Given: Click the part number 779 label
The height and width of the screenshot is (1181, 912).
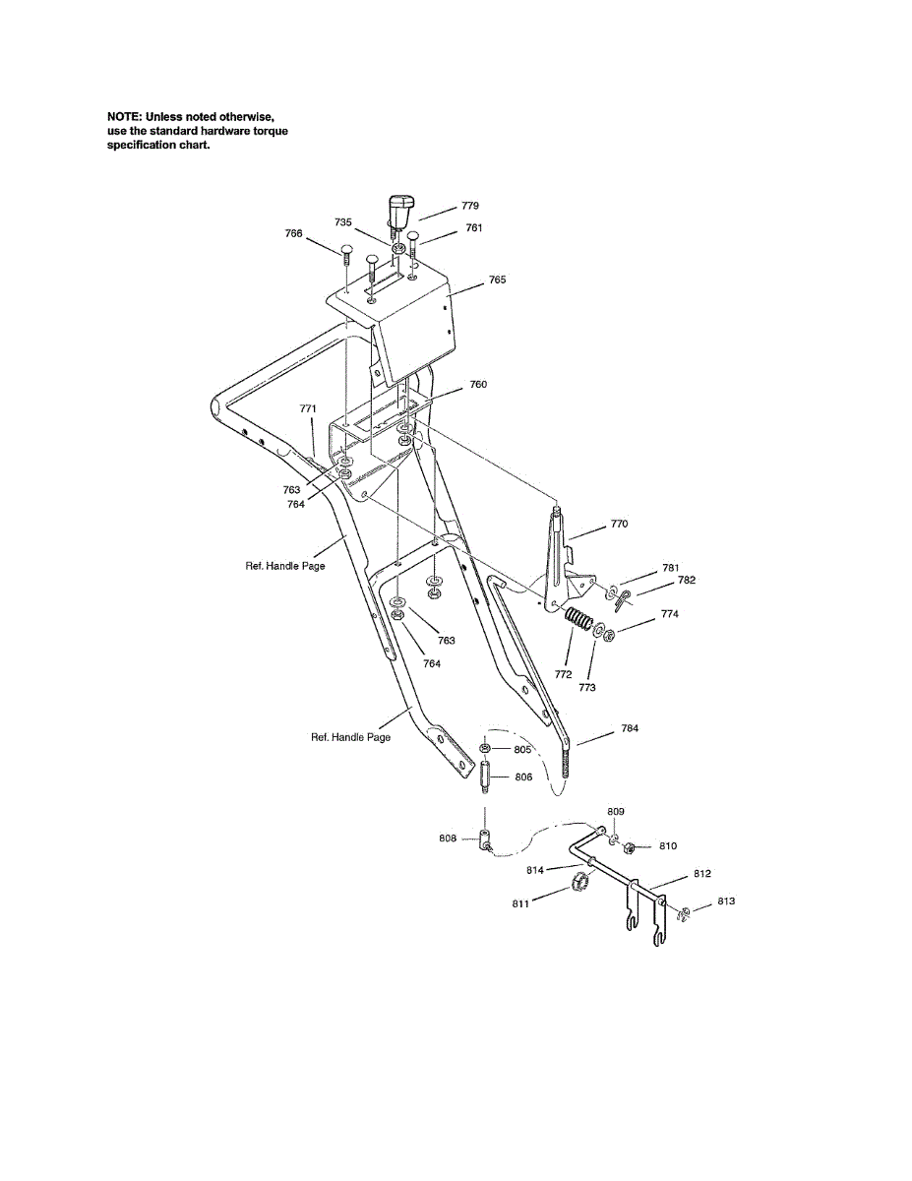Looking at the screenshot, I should pos(470,207).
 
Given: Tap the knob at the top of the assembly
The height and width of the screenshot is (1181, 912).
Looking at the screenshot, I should pos(399,210).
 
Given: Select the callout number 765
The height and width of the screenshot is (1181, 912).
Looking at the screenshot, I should pos(498,280).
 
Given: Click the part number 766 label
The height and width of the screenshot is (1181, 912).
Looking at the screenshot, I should pos(293,233).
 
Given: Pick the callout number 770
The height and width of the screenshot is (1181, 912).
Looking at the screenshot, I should pos(619,525).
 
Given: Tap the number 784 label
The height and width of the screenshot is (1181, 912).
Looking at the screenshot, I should pos(630,729).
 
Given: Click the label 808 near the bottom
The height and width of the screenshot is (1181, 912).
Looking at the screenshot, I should pos(449,839).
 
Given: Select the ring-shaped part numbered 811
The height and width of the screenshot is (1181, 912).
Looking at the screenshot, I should pos(579,879).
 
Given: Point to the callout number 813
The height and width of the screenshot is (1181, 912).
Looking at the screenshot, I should pos(726,901).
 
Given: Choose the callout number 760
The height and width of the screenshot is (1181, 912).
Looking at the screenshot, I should pos(478,385).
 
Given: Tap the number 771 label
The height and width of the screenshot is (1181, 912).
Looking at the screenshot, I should pos(308,407).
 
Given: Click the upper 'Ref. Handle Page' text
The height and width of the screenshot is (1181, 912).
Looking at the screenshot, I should pos(285,566).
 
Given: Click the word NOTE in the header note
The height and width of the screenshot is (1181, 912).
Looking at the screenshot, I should pos(123,117).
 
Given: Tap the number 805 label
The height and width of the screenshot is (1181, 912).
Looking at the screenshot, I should pos(522,750).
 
